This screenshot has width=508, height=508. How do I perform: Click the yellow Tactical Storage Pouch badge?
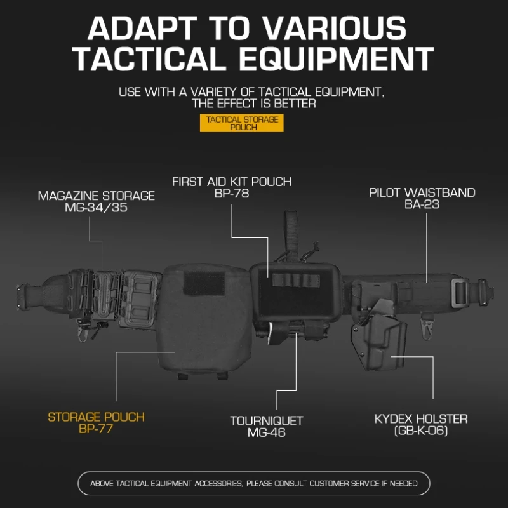pyautogui.click(x=242, y=123)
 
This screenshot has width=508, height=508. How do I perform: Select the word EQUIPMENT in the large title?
pyautogui.click(x=336, y=58)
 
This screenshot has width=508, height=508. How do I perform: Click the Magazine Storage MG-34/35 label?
pyautogui.click(x=97, y=201)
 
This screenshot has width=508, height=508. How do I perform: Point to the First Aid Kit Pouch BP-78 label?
pyautogui.click(x=232, y=187)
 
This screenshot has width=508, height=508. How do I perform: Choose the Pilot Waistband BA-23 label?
pyautogui.click(x=422, y=198)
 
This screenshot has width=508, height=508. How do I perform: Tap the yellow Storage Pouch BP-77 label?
pyautogui.click(x=97, y=423)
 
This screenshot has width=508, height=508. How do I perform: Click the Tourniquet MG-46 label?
pyautogui.click(x=266, y=426)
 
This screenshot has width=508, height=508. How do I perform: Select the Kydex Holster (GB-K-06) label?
pyautogui.click(x=421, y=425)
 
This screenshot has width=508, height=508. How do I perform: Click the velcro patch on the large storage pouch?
pyautogui.click(x=204, y=283)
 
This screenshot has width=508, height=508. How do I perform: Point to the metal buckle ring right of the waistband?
pyautogui.click(x=458, y=293)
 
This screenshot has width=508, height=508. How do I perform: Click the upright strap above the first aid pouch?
pyautogui.click(x=291, y=236)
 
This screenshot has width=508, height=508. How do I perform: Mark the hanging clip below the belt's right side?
pyautogui.click(x=427, y=326)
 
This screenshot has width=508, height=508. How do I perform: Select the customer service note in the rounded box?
pyautogui.click(x=254, y=483)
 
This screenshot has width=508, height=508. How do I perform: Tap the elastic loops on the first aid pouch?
pyautogui.click(x=295, y=280)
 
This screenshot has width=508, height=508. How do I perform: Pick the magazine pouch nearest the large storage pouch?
pyautogui.click(x=139, y=300)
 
